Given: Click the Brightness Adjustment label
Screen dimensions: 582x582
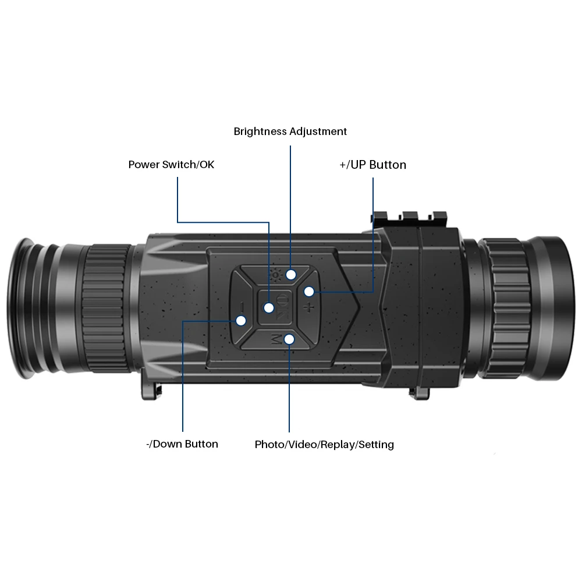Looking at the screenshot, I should tap(290, 132).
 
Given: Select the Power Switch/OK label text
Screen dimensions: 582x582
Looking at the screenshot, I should tap(171, 165).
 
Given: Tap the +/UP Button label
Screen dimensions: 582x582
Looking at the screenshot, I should tap(372, 165).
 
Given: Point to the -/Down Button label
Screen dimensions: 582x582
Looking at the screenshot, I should tap(182, 444).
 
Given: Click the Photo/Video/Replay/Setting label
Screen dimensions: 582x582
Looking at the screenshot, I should tap(324, 445).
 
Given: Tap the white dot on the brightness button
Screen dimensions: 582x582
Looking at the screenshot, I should tap(291, 274).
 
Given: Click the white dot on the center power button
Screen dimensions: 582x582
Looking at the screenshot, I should tap(269, 307).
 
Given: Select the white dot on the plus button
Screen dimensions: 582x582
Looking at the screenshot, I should tap(309, 291).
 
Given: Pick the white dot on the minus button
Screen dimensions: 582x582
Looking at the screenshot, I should tap(241, 320).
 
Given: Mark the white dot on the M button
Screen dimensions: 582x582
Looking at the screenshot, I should tap(289, 339).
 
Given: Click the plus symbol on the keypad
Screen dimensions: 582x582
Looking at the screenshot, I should tap(309, 307).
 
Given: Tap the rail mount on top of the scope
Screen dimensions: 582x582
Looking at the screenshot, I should tap(407, 219).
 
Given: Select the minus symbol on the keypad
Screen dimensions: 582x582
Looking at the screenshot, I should tap(241, 306).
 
